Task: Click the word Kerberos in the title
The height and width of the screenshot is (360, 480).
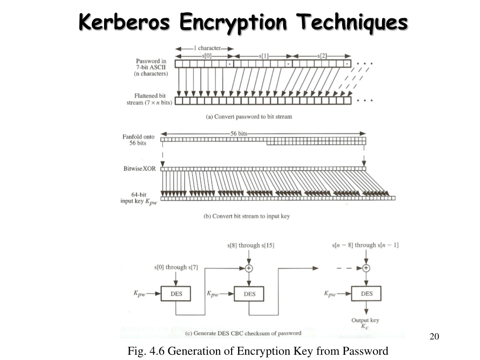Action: [x=124, y=22]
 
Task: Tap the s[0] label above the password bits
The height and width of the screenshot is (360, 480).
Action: [x=206, y=56]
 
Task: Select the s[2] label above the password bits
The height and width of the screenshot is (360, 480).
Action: [x=322, y=56]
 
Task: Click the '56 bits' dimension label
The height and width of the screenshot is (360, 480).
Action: [x=239, y=134]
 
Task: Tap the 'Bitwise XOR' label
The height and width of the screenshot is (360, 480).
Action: [x=140, y=169]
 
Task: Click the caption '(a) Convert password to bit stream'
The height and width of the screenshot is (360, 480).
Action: [x=249, y=117]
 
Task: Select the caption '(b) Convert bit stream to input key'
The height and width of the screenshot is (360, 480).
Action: [x=247, y=216]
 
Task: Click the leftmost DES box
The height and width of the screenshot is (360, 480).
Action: [x=176, y=293]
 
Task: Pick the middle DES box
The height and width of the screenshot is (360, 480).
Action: [x=249, y=294]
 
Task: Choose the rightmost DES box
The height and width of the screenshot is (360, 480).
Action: [x=366, y=293]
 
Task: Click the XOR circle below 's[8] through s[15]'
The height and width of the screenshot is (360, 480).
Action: [x=249, y=268]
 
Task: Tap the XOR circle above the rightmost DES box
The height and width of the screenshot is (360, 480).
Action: [x=366, y=268]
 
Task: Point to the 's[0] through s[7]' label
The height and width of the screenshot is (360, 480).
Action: [x=176, y=267]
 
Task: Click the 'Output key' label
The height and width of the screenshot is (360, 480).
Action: [x=365, y=320]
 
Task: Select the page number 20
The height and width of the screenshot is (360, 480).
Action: [x=435, y=337]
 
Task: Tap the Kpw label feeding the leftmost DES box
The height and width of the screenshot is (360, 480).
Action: [x=139, y=293]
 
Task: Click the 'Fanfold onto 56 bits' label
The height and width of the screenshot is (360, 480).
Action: [x=138, y=140]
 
